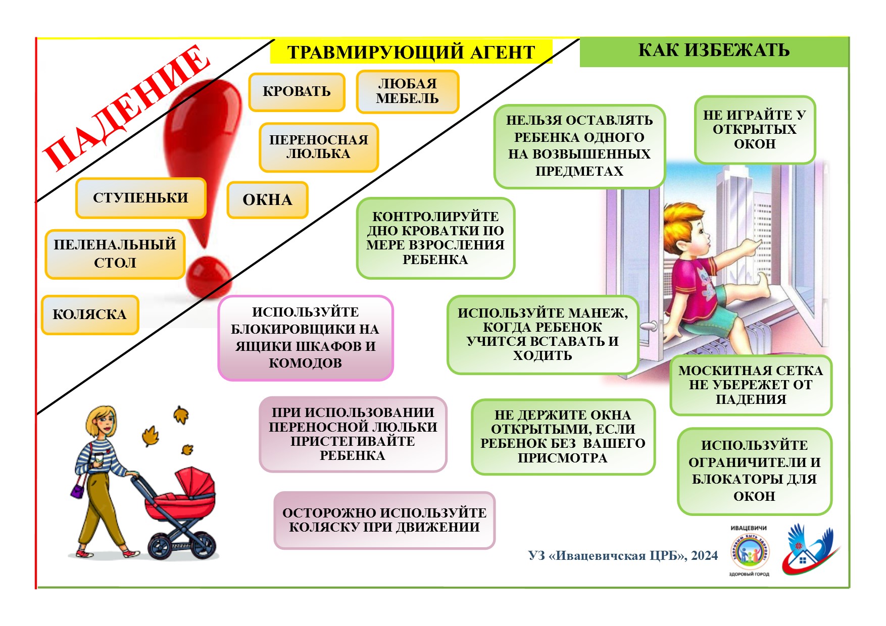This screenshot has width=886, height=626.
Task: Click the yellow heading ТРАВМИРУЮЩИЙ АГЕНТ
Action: (x=411, y=52)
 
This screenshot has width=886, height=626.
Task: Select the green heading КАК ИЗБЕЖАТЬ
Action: (x=714, y=51)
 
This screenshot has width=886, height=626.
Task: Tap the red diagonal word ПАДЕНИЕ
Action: (x=126, y=107)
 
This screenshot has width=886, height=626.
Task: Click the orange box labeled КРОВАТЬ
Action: (x=297, y=92)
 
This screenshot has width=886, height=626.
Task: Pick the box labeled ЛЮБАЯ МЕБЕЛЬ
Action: (x=407, y=91)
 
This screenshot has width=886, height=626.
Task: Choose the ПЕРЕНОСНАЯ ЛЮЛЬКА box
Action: (x=319, y=147)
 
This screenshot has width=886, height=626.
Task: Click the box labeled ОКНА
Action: (x=267, y=200)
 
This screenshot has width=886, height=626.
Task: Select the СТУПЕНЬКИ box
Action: (x=141, y=198)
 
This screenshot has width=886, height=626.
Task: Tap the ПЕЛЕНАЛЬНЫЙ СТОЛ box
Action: (x=115, y=254)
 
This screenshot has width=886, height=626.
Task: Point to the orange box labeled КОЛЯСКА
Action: (x=90, y=315)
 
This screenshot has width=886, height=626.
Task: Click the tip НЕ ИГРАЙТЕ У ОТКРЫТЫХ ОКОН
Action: (x=755, y=130)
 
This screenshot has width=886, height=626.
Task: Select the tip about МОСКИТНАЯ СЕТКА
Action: (x=751, y=385)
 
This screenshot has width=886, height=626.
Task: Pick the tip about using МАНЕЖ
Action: (x=543, y=335)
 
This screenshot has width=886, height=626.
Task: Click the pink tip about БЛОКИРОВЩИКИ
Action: (x=305, y=338)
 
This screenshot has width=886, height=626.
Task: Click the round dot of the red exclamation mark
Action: (x=209, y=277)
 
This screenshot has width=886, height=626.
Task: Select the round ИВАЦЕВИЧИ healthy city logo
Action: (x=749, y=551)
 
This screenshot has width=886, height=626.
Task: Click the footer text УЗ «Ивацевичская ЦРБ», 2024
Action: (x=623, y=556)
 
